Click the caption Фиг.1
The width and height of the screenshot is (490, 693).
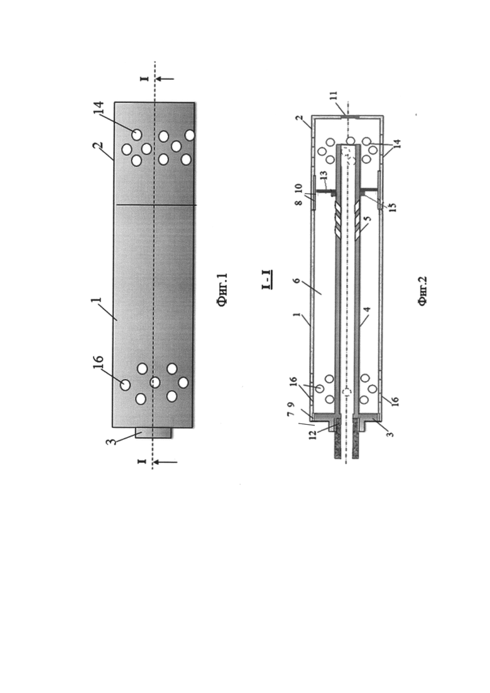coord(222,290)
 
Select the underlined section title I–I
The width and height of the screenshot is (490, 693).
coord(267,280)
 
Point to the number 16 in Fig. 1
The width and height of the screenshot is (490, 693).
coord(97,364)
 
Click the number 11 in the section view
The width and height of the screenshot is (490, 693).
coord(334,96)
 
